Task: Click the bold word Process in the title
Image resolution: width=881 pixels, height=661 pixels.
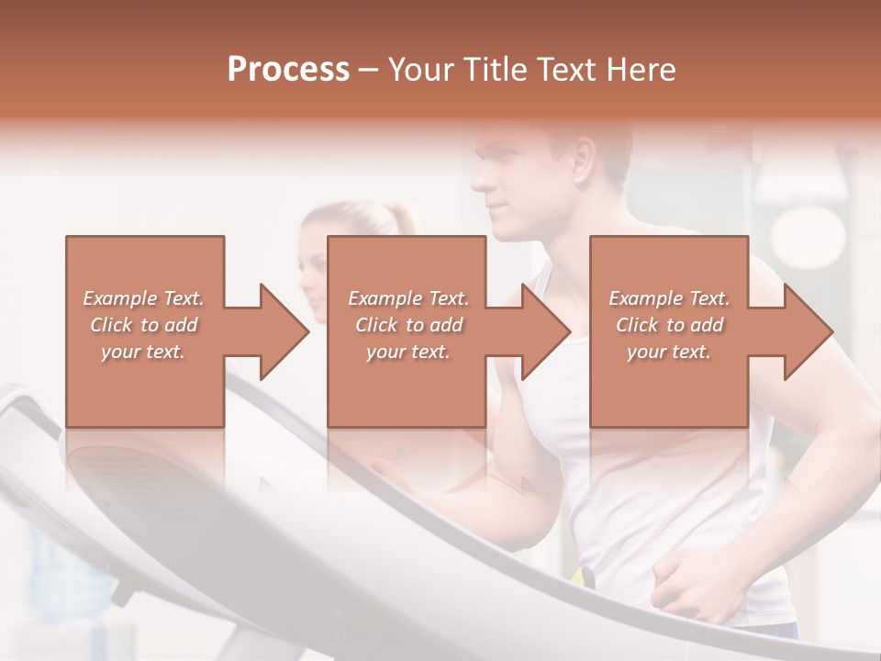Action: pyautogui.click(x=288, y=70)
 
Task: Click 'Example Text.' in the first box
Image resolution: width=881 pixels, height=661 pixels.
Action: pyautogui.click(x=144, y=298)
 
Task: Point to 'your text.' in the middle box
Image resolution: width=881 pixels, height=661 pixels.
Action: pyautogui.click(x=407, y=352)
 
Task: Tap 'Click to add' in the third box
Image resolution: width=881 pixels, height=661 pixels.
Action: pyautogui.click(x=669, y=325)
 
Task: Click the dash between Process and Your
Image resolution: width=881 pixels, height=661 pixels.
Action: pyautogui.click(x=368, y=70)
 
